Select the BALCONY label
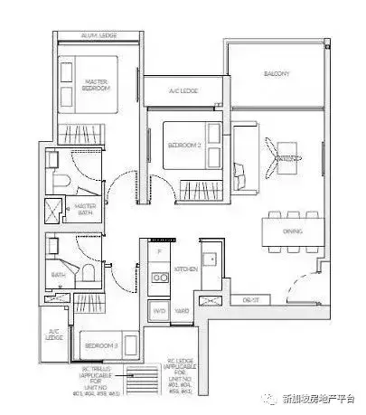click(x=277, y=73)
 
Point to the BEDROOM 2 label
click(x=184, y=145)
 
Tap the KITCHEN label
click(x=185, y=269)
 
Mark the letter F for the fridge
click(x=159, y=250)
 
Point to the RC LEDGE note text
click(x=180, y=378)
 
